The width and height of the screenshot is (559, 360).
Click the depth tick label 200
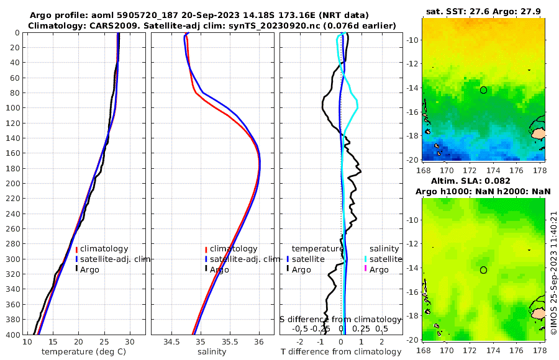pyautogui.click(x=12, y=183)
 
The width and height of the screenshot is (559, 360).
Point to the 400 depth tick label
pyautogui.click(x=12, y=335)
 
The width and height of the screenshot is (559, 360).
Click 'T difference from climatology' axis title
pyautogui.click(x=341, y=352)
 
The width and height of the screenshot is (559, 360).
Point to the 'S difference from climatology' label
pyautogui.click(x=341, y=319)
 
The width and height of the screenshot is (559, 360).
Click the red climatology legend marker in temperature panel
pyautogui.click(x=76, y=249)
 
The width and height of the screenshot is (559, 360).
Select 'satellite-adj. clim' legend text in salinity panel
pyautogui.click(x=242, y=259)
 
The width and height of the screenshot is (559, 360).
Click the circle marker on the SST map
pyautogui.click(x=483, y=90)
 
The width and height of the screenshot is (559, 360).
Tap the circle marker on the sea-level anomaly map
pyautogui.click(x=483, y=270)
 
